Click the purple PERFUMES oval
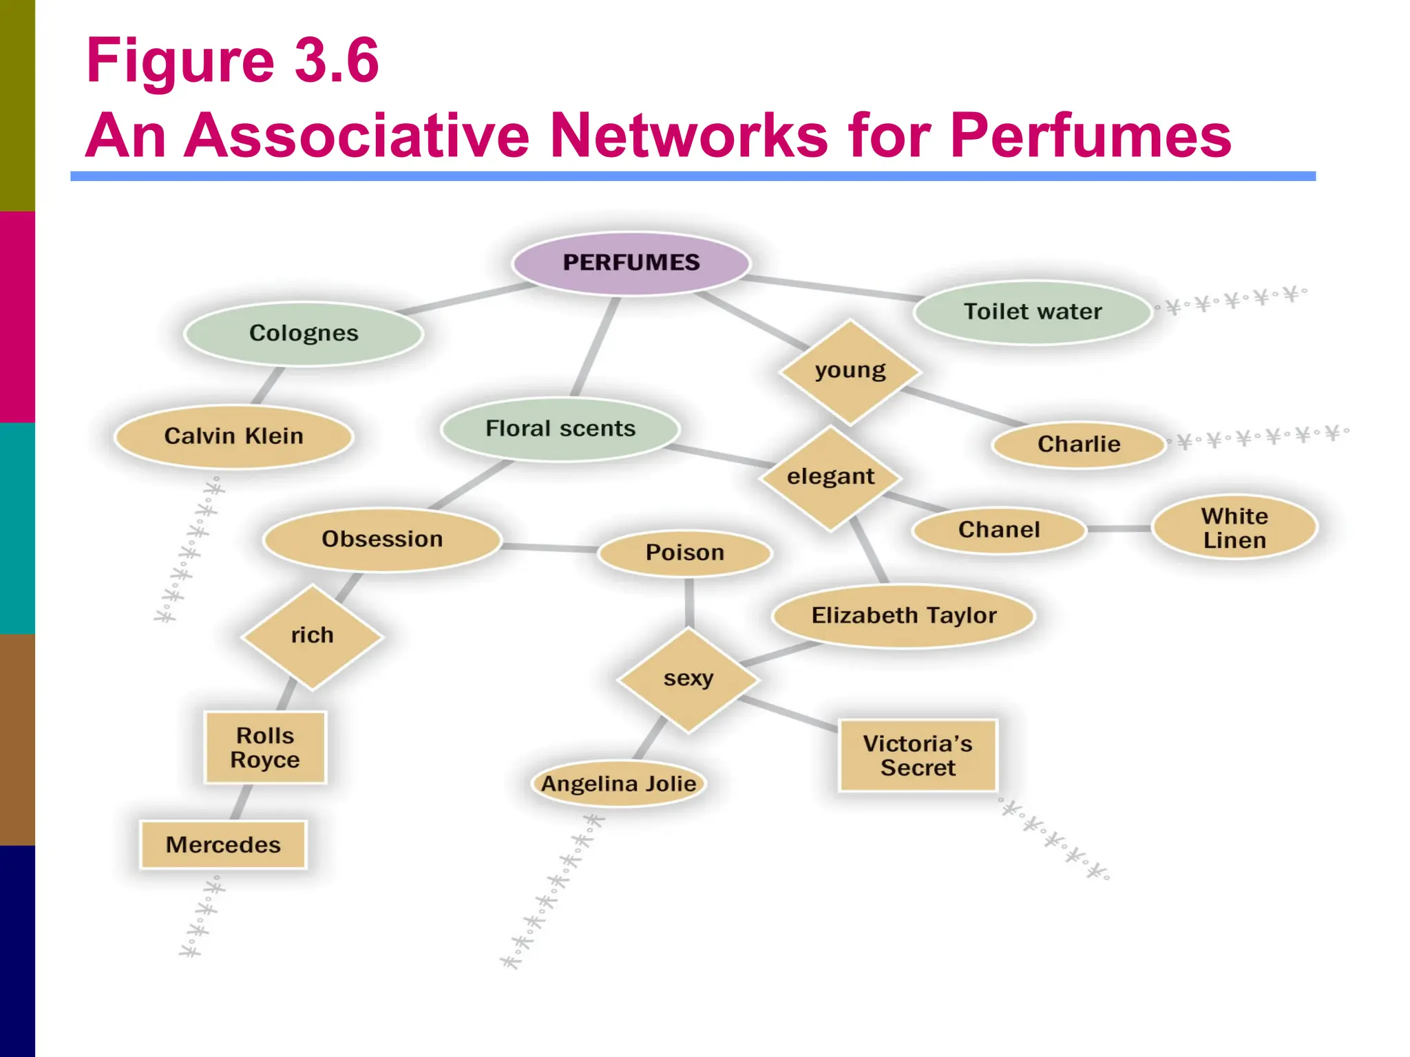[631, 263]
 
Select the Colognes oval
[304, 333]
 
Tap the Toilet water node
[1032, 312]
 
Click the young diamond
[850, 371]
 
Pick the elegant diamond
[830, 477]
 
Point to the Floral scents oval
[560, 429]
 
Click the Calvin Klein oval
[233, 436]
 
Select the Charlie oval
[1078, 445]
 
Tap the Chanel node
[998, 530]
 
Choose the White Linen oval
[1234, 528]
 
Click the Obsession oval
[382, 540]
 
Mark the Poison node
[684, 553]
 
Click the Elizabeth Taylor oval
[903, 615]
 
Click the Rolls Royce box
[265, 747]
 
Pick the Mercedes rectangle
[223, 844]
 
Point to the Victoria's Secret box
[917, 756]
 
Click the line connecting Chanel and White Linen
[1119, 528]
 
